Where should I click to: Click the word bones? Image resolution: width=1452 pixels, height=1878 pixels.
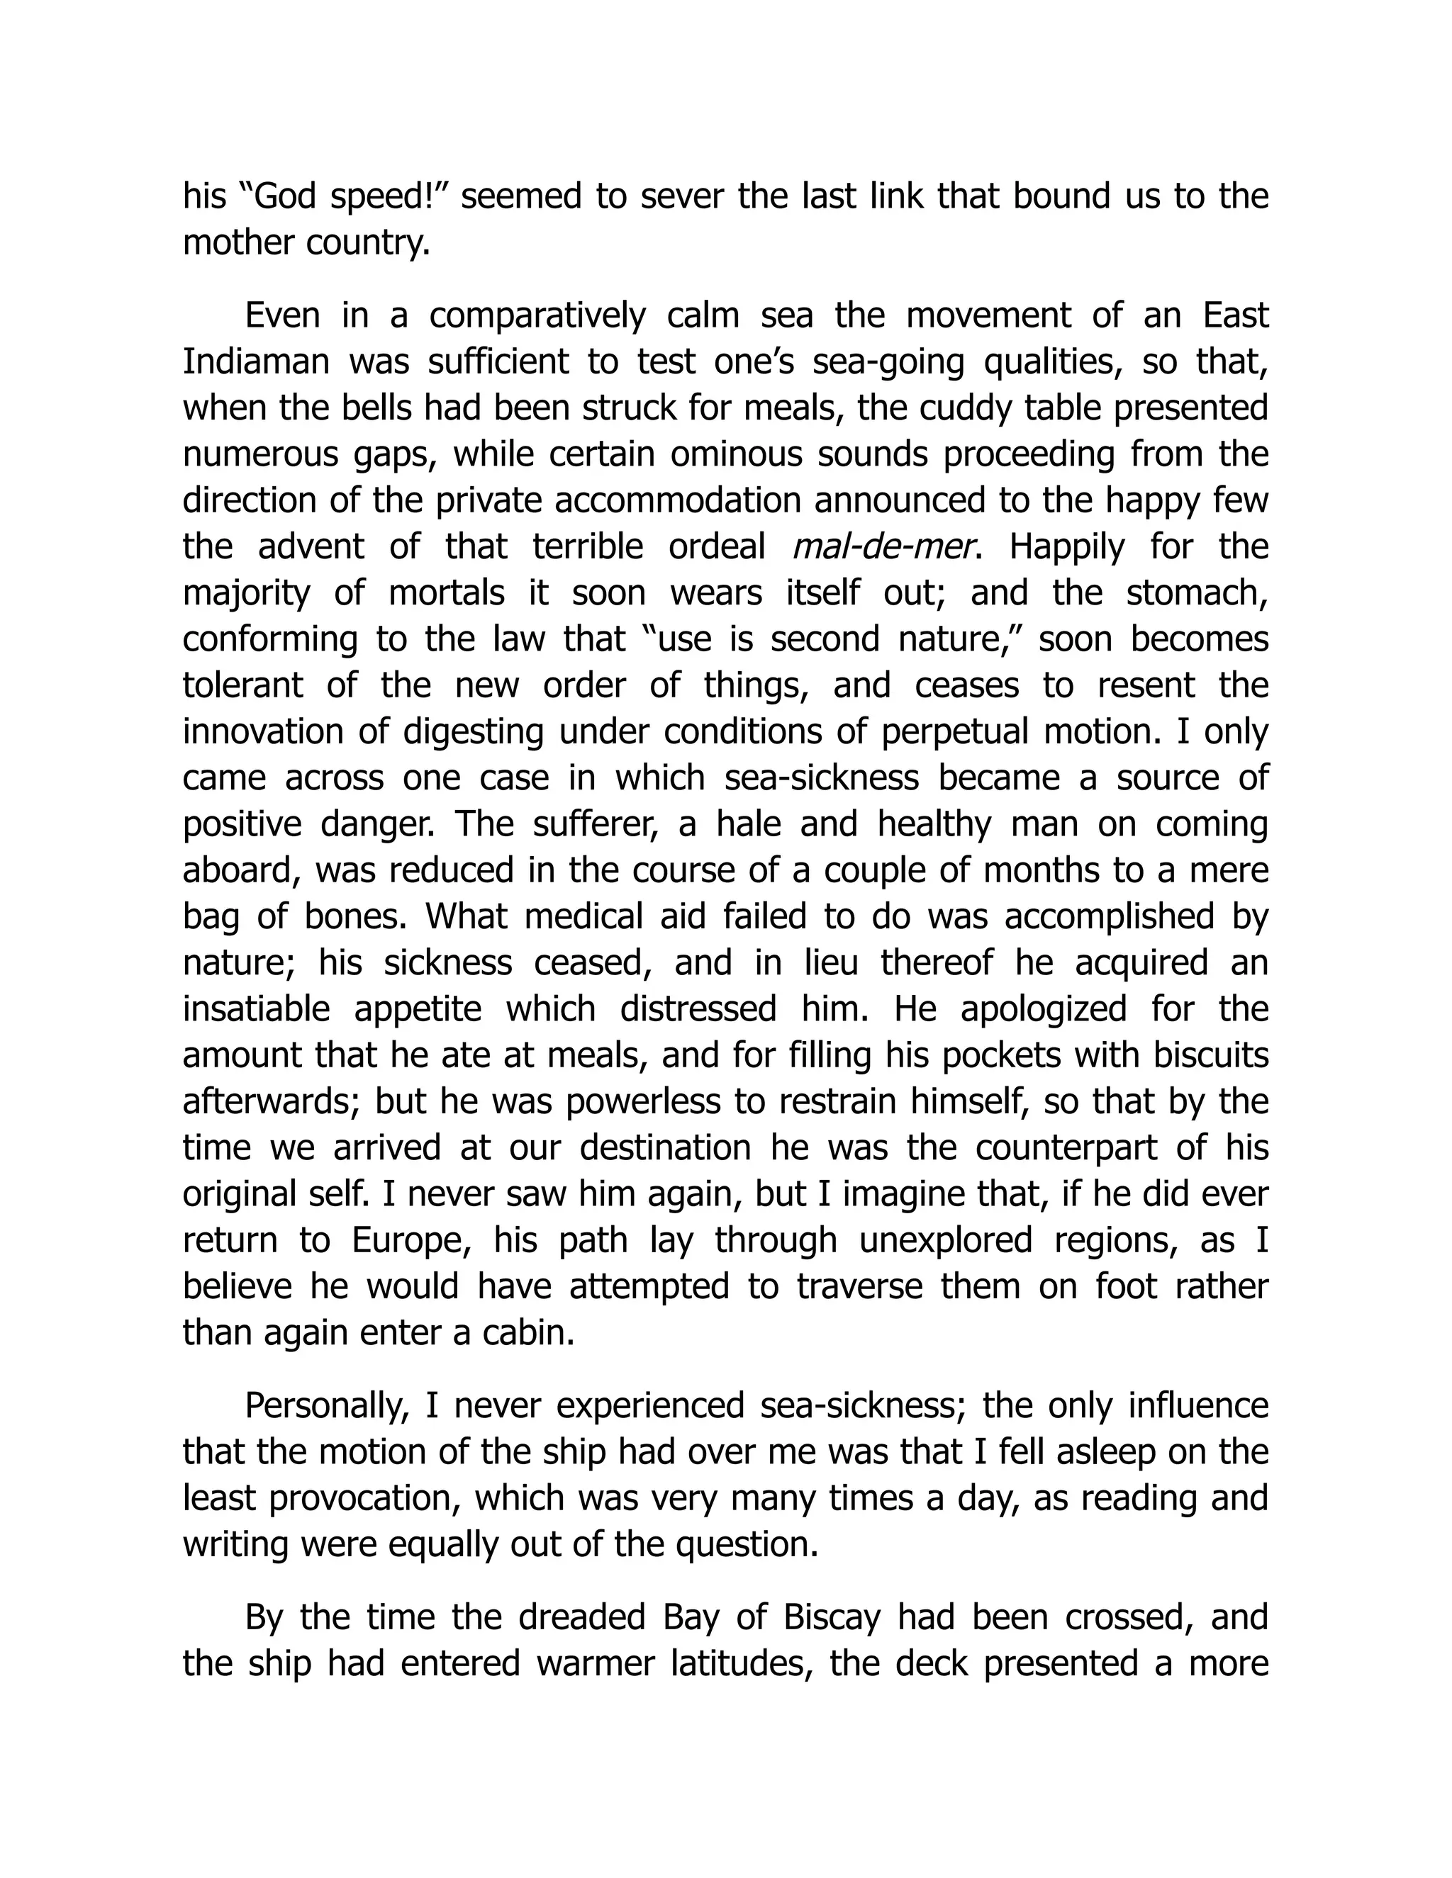click(355, 916)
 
